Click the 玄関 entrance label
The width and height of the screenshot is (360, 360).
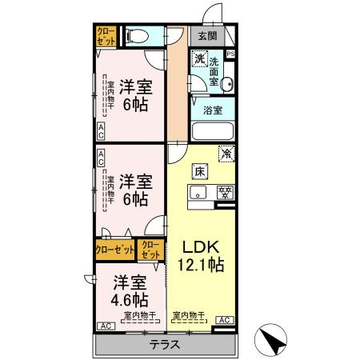pyautogui.click(x=207, y=35)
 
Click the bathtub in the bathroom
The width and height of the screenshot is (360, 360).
pyautogui.click(x=211, y=131)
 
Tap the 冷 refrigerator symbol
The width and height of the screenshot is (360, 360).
pyautogui.click(x=226, y=150)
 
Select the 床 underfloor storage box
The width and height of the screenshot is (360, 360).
pyautogui.click(x=197, y=170)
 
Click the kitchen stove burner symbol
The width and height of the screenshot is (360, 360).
pyautogui.click(x=226, y=191)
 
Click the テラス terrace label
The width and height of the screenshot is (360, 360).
pyautogui.click(x=166, y=345)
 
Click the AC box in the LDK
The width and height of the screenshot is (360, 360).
pyautogui.click(x=225, y=320)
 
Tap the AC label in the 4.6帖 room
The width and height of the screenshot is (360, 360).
pyautogui.click(x=105, y=326)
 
